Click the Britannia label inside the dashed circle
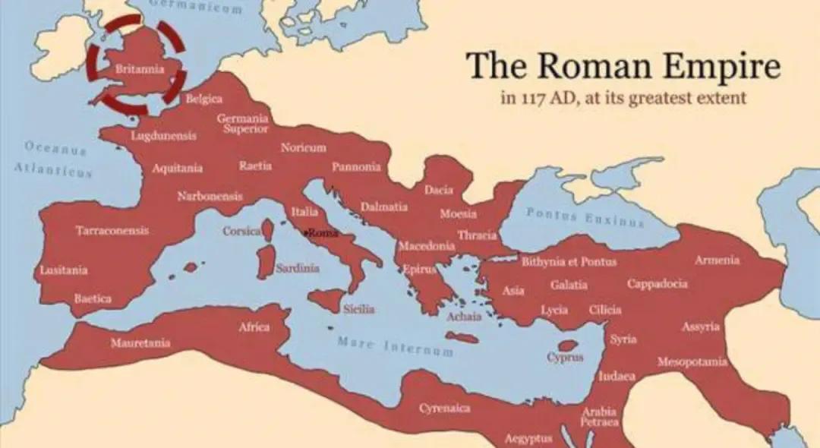tap(139, 69)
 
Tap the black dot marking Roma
tap(305, 232)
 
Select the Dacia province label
tap(439, 190)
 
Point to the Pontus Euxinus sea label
tap(585, 218)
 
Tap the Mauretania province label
tap(140, 343)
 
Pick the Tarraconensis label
tap(112, 230)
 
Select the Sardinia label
tap(297, 268)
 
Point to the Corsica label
tap(241, 231)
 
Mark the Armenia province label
tap(717, 260)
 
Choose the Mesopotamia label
tap(692, 361)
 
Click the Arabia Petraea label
tap(600, 417)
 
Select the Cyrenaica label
tap(445, 409)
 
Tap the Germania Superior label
tap(242, 123)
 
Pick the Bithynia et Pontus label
tap(569, 262)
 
